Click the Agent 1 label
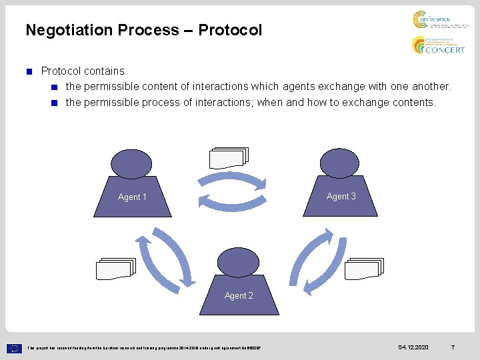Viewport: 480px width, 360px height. click(x=132, y=197)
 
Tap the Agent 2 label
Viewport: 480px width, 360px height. click(x=239, y=295)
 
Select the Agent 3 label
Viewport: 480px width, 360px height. click(x=341, y=196)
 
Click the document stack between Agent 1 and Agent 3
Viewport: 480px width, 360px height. click(x=228, y=157)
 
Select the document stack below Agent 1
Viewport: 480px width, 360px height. click(x=115, y=268)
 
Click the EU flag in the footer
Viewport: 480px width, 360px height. click(x=15, y=347)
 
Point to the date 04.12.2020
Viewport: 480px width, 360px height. click(x=413, y=347)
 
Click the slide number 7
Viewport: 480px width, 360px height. click(x=453, y=347)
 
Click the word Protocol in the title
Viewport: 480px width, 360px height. click(x=230, y=30)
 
